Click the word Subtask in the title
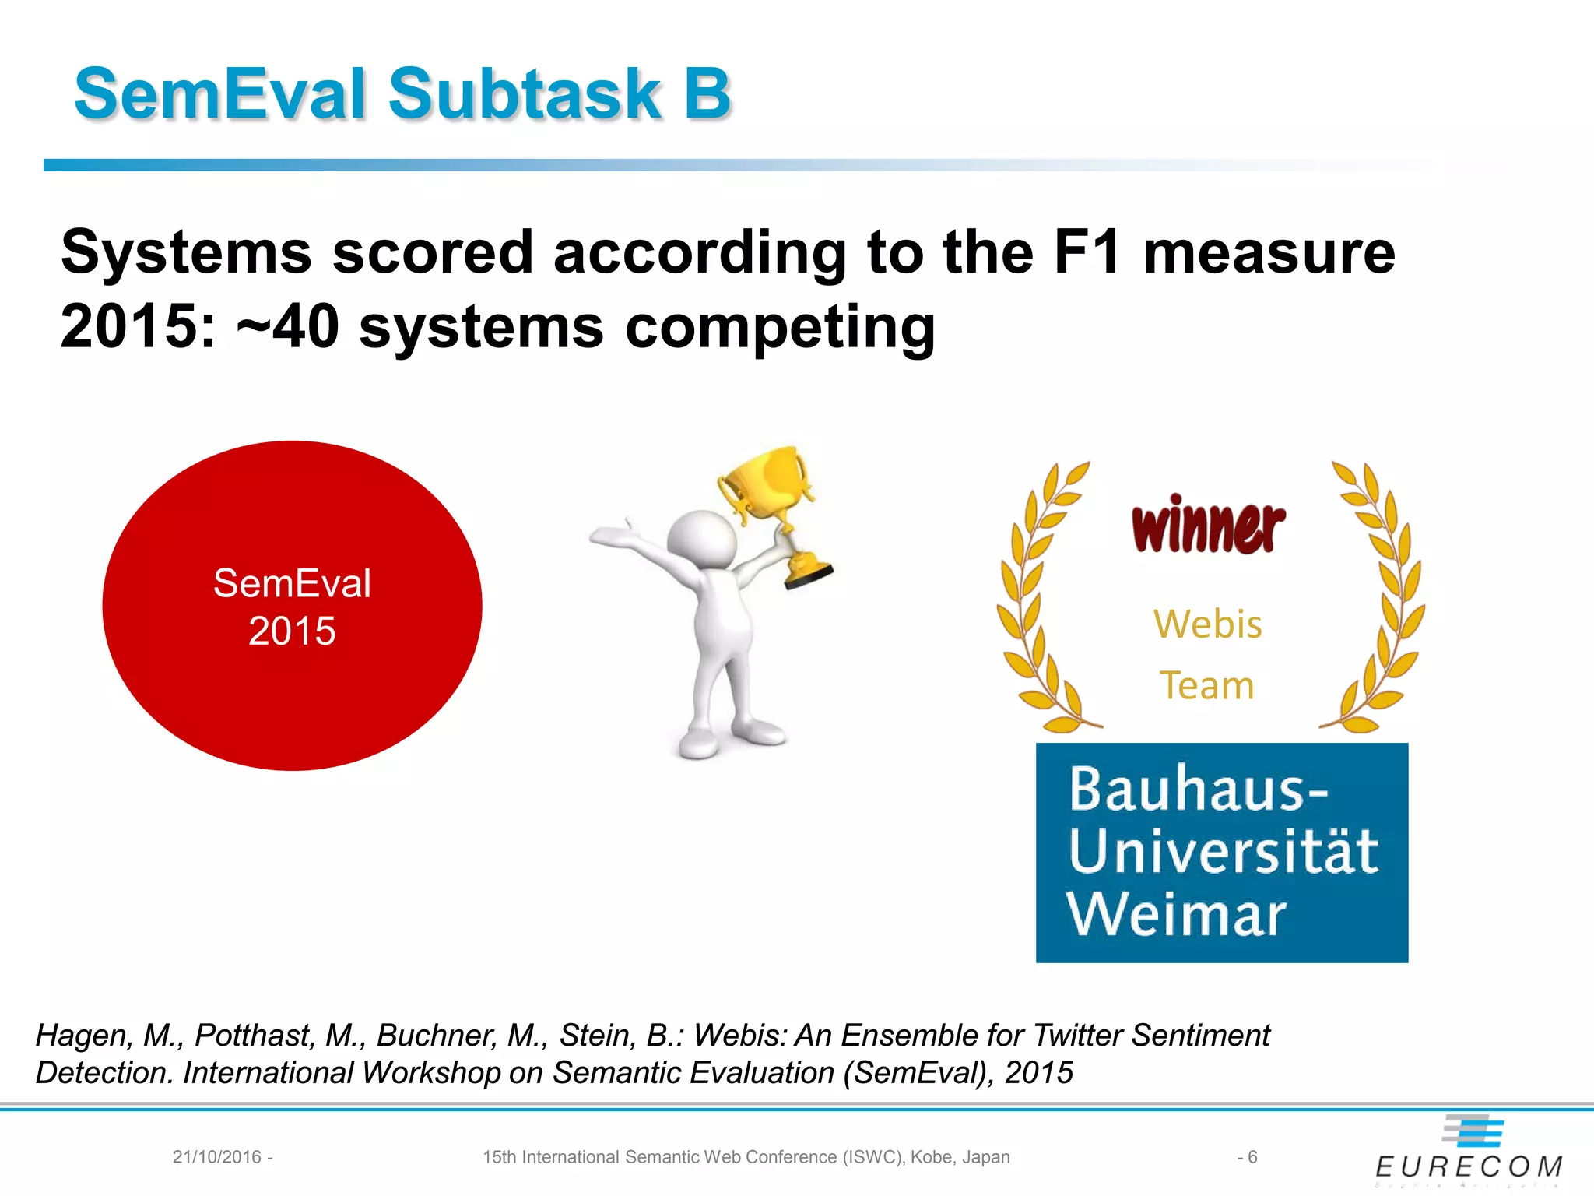pos(524,94)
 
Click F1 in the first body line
pos(1087,253)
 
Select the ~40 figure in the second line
pos(287,327)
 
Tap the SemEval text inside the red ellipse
pos(292,583)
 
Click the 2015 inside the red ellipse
pos(292,631)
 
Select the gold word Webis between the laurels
pos(1207,624)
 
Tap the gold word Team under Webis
pos(1206,686)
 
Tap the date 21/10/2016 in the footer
pos(217,1157)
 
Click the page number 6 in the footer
pos(1252,1157)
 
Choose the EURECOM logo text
pos(1469,1166)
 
